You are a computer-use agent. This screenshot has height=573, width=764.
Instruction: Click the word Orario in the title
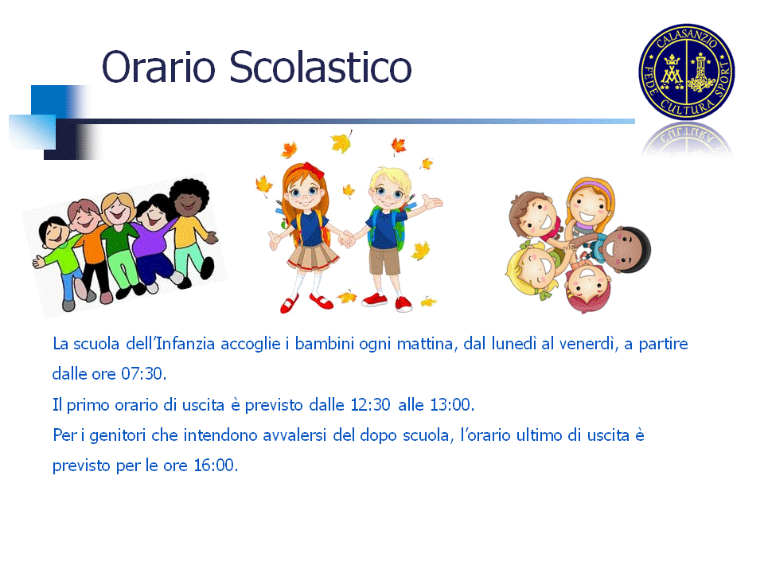pyautogui.click(x=158, y=67)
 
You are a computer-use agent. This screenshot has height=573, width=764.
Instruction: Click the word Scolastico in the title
pyautogui.click(x=321, y=66)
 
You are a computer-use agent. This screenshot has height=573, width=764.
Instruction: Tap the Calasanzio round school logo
pyautogui.click(x=687, y=72)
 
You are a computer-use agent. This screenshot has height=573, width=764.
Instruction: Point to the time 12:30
pyautogui.click(x=370, y=404)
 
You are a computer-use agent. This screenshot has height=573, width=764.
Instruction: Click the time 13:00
pyautogui.click(x=452, y=404)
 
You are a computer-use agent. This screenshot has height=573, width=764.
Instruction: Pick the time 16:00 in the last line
pyautogui.click(x=216, y=466)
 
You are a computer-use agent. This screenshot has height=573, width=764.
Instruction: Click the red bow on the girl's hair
pyautogui.click(x=314, y=170)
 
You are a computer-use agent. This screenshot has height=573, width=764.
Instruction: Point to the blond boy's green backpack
pyautogui.click(x=400, y=228)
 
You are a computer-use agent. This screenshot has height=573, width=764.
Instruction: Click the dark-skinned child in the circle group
pyautogui.click(x=626, y=249)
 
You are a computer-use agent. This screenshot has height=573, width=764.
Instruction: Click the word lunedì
pyautogui.click(x=513, y=344)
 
